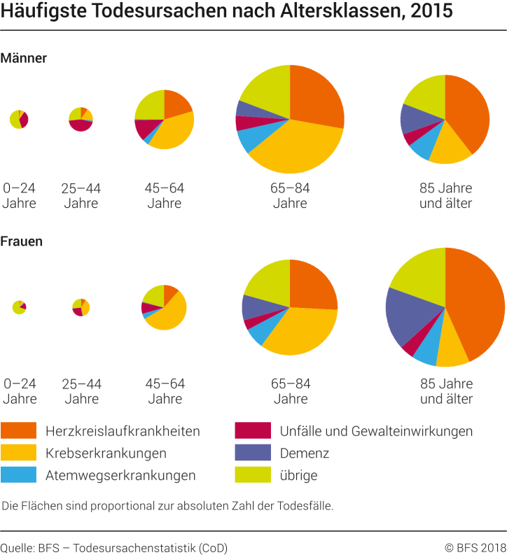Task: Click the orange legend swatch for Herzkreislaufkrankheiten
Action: point(18,430)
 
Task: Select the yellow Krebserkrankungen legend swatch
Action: point(18,453)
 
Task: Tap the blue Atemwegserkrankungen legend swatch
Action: point(18,475)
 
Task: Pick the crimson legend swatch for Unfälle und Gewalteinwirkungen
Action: point(253,430)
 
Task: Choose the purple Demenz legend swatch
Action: point(253,453)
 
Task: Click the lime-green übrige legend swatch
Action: point(253,475)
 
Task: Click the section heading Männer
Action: point(24,58)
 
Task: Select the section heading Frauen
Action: point(22,241)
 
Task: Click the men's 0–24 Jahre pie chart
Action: point(19,119)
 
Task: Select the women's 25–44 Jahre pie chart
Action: point(81,307)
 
